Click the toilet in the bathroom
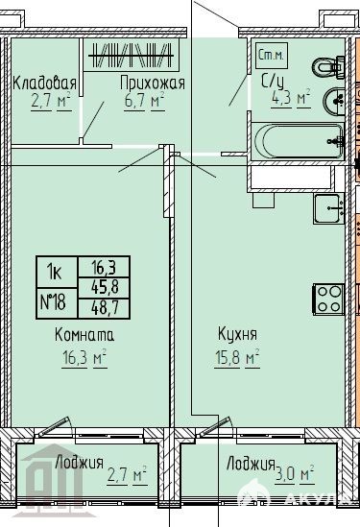coord(328,67)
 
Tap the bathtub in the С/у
coord(299,141)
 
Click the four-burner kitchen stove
coord(328,299)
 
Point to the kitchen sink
coord(328,208)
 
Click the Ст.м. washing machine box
coord(272,56)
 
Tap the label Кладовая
coord(44,84)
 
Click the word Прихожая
coord(153,83)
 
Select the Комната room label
coord(84,335)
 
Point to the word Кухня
coord(237,334)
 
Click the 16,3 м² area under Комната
coord(84,358)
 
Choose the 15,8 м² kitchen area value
coord(237,358)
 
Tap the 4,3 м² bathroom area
coord(291,99)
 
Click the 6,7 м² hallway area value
coord(144,101)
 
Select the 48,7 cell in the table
coord(105,308)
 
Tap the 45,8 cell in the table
coord(105,288)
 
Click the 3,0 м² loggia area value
coord(295,474)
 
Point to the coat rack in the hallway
coord(132,55)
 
